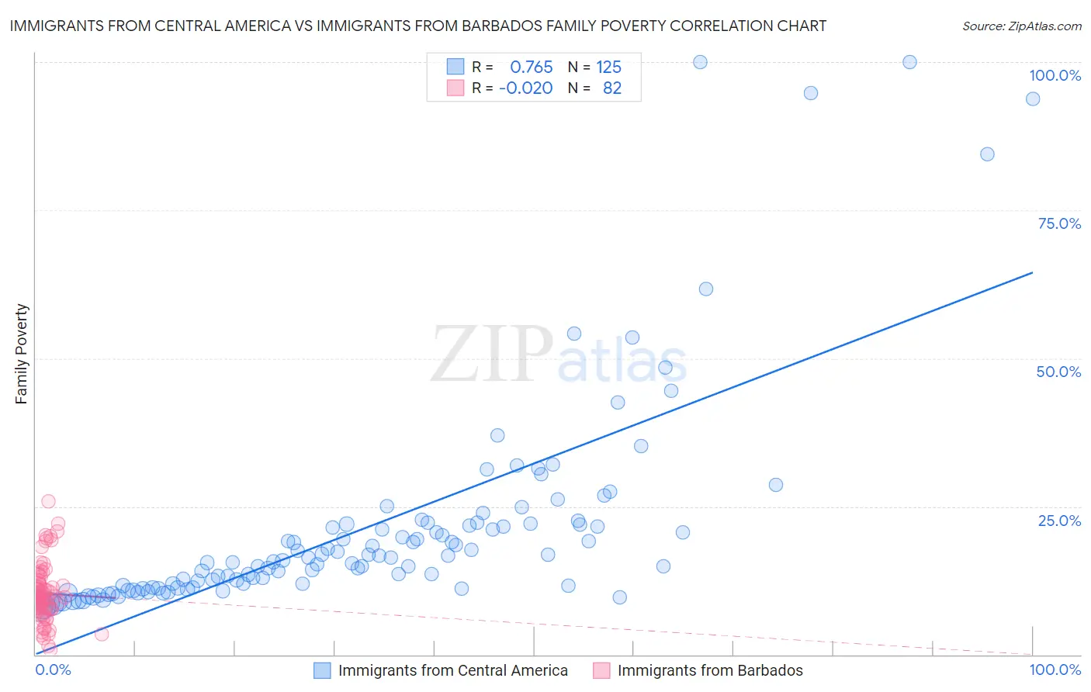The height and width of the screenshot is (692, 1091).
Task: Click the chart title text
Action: coord(417,26)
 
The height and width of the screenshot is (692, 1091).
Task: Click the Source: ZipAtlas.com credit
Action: coord(1021,26)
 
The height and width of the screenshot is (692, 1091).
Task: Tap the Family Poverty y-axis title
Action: coord(21,354)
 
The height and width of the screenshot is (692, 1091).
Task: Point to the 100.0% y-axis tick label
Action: coord(1055,75)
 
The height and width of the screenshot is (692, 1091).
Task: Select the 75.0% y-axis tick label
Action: coord(1059,223)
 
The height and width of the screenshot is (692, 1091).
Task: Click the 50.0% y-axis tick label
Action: coord(1058,372)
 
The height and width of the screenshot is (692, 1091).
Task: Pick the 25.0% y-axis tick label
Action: coord(1059,521)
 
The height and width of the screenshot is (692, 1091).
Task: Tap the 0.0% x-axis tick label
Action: coord(53,670)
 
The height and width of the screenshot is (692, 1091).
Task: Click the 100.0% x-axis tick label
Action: coord(1055,670)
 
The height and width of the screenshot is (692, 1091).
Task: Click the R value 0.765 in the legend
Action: coord(531,67)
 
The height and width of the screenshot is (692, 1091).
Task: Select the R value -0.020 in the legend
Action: coord(525,88)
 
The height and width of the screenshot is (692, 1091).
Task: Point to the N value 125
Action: coord(608,67)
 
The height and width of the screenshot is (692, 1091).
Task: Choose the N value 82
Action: coord(612,88)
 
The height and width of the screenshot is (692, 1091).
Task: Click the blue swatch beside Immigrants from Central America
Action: coord(322,670)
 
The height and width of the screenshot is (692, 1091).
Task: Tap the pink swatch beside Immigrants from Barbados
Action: coord(601,670)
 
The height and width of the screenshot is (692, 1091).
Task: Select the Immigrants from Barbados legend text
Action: coord(710,670)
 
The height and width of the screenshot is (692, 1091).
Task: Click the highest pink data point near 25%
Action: coord(48,501)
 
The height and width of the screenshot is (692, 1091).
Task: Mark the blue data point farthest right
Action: coord(1033,99)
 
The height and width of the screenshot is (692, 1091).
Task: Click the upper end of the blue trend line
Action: coord(1032,272)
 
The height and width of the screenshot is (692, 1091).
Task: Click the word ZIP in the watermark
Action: coord(492,355)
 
